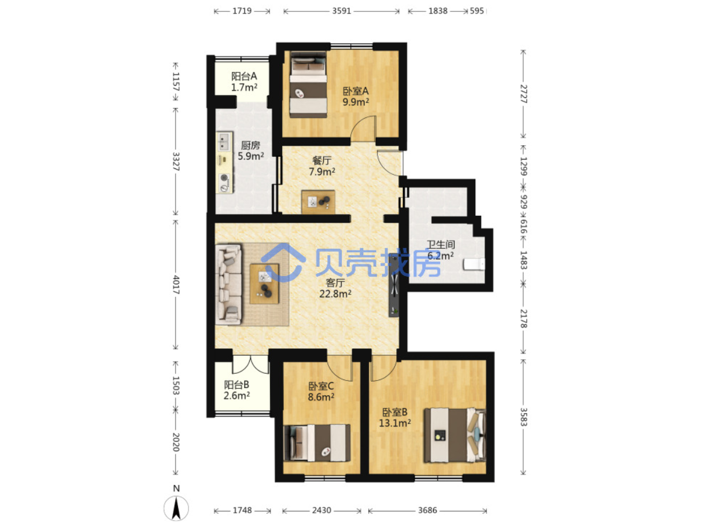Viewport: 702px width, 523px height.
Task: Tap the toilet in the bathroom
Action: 474,264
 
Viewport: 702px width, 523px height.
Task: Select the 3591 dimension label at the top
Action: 342,11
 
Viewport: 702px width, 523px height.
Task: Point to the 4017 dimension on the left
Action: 176,285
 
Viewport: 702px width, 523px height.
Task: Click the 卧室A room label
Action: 356,91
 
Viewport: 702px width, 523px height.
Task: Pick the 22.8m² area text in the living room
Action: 335,294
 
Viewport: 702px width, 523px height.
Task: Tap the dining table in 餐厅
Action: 318,202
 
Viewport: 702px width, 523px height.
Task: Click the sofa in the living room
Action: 228,284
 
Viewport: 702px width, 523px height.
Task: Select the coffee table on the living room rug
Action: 264,284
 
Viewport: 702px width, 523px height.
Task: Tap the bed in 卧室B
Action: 455,434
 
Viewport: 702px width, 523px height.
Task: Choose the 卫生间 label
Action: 441,244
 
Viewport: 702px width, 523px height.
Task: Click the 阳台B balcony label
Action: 237,385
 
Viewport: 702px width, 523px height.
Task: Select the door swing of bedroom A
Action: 363,128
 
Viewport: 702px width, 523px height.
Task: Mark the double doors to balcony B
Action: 250,364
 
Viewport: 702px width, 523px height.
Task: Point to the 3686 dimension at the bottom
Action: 427,510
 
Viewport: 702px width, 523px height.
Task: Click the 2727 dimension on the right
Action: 523,94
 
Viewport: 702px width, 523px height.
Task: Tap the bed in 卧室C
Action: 317,443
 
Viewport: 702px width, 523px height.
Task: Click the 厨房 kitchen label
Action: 250,145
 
